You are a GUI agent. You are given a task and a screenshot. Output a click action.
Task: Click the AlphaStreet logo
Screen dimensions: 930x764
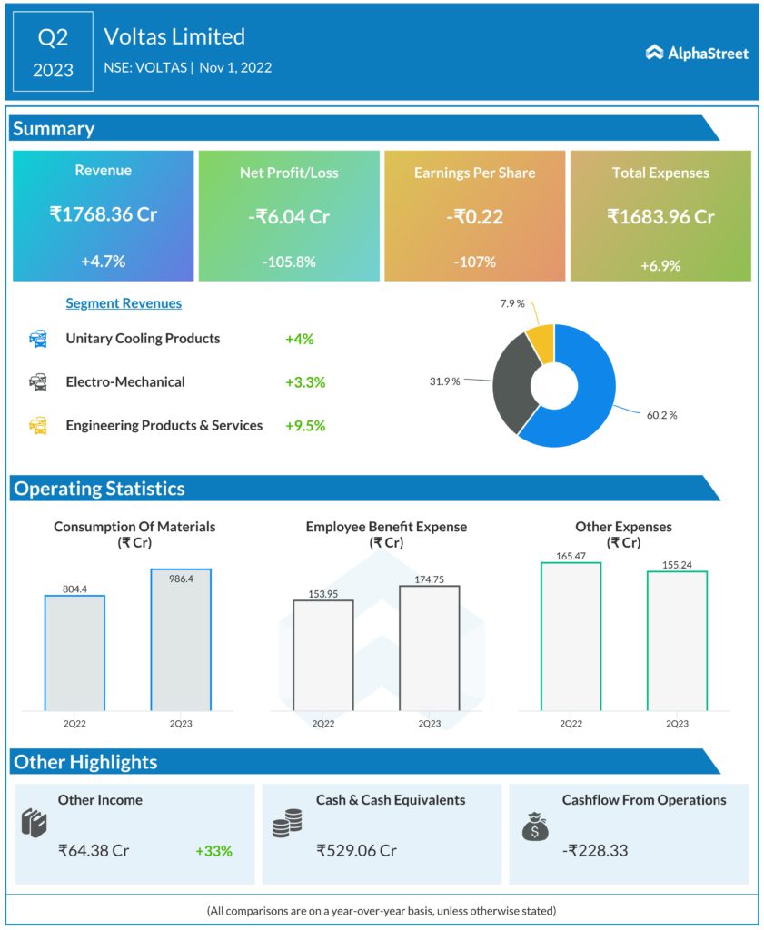click(697, 53)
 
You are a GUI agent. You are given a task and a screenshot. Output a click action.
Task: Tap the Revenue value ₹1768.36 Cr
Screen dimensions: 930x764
click(104, 215)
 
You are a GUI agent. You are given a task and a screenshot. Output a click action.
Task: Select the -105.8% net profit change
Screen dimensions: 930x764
click(289, 262)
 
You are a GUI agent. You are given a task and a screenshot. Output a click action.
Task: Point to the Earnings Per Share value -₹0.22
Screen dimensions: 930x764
click(474, 216)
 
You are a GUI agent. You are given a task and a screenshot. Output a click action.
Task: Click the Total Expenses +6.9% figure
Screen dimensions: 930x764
click(660, 265)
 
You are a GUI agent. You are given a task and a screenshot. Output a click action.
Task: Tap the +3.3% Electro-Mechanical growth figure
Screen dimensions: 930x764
click(305, 382)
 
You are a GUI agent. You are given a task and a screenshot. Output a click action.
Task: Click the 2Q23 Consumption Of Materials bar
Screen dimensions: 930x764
click(181, 639)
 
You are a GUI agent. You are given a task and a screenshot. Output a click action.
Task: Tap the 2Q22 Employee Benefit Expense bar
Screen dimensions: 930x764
click(322, 654)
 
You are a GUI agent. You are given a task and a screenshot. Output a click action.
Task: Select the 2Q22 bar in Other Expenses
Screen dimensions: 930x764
click(571, 636)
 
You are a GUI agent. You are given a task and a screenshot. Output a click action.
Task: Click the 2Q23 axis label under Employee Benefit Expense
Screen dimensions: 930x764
click(429, 724)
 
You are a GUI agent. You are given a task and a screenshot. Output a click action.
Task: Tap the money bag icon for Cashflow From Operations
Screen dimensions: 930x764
click(535, 825)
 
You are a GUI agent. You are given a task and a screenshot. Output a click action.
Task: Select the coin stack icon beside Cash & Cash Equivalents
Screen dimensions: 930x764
click(287, 825)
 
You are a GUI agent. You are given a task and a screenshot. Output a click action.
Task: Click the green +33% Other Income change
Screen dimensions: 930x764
click(213, 851)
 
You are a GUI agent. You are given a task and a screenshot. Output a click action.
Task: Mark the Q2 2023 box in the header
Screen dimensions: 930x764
click(54, 52)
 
